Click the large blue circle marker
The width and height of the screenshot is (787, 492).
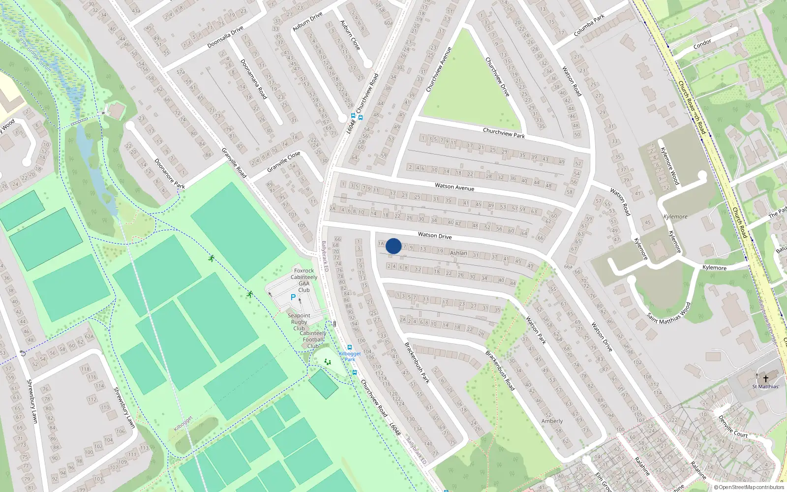click(x=393, y=246)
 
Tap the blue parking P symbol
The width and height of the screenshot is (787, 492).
click(x=293, y=297)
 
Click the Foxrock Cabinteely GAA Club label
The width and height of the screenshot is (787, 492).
click(x=304, y=280)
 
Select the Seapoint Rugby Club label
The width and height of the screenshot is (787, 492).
click(x=299, y=322)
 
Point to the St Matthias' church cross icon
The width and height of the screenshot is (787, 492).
click(x=765, y=378)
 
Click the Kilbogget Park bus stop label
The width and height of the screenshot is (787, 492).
click(x=350, y=356)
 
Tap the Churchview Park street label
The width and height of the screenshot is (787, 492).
click(x=504, y=133)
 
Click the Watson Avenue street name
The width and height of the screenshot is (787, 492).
click(x=454, y=187)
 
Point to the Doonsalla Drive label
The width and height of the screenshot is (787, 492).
click(x=225, y=37)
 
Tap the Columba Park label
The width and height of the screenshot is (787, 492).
click(x=589, y=26)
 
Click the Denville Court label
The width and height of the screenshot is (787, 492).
click(x=733, y=427)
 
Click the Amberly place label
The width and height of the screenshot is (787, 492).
click(x=552, y=421)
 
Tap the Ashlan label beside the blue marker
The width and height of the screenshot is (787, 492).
click(x=458, y=253)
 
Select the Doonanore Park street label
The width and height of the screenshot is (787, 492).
click(x=170, y=173)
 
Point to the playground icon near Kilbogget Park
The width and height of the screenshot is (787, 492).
click(x=328, y=362)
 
